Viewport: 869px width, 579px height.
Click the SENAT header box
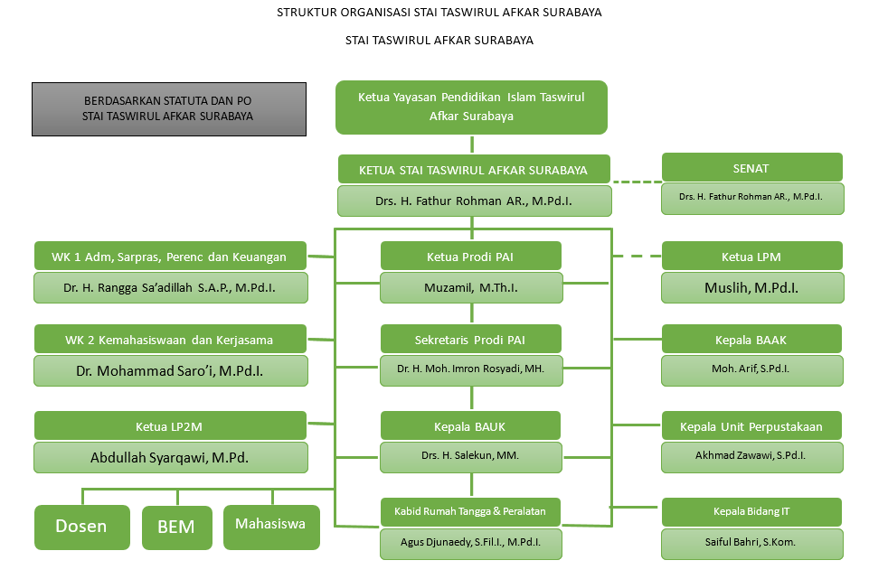(751, 168)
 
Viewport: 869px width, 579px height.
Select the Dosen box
(81, 527)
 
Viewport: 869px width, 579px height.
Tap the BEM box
(176, 527)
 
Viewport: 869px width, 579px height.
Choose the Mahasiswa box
(271, 525)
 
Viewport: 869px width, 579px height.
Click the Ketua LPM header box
(751, 257)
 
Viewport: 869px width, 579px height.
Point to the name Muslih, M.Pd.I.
(751, 289)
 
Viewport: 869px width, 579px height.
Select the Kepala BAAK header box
(751, 340)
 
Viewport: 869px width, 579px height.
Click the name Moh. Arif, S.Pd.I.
(751, 369)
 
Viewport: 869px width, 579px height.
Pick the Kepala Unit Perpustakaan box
(751, 426)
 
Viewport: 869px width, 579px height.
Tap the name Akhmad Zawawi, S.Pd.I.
(751, 455)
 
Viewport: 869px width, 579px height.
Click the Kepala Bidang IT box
(751, 512)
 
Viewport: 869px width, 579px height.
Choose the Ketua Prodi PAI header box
(471, 257)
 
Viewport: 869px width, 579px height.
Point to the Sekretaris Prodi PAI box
(471, 340)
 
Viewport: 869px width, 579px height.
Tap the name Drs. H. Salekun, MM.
(471, 455)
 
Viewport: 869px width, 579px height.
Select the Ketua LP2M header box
(170, 426)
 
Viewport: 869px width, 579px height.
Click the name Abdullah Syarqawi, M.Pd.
(170, 457)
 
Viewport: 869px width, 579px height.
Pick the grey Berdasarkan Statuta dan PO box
(168, 109)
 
